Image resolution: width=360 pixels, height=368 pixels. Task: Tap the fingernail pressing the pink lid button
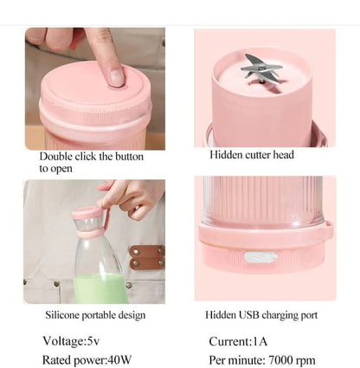[x=116, y=77]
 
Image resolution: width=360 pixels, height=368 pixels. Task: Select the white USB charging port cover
[x=260, y=257]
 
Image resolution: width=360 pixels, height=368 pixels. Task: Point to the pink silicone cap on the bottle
[x=87, y=213]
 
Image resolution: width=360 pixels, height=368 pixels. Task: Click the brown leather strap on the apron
[x=147, y=256]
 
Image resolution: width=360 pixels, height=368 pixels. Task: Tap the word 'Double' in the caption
[x=56, y=156]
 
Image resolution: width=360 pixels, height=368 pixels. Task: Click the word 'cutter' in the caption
[x=258, y=155]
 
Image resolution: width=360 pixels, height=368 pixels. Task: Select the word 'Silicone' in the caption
[x=62, y=314]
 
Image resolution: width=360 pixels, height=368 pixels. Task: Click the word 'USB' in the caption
[x=247, y=314]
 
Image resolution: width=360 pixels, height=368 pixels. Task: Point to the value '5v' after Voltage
[x=93, y=341]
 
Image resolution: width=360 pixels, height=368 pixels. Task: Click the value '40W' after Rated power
[x=119, y=360]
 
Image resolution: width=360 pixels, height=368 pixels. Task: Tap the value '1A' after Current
[x=260, y=341]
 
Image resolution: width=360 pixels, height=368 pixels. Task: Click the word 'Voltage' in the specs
[x=63, y=341]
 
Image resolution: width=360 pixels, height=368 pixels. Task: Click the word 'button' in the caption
[x=129, y=157]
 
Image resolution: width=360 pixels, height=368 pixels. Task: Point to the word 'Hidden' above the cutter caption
[x=226, y=155]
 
